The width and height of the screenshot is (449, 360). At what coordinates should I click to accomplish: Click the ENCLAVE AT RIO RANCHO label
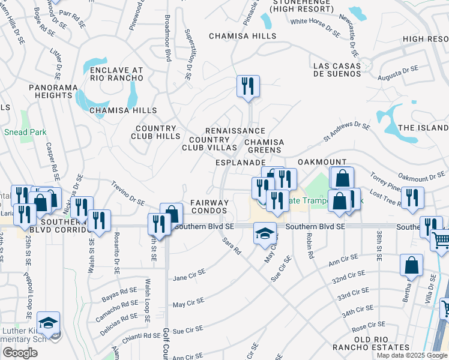click(x=116, y=74)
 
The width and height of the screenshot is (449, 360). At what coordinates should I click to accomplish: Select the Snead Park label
click(x=21, y=132)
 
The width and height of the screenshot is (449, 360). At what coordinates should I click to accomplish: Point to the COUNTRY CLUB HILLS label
click(x=155, y=132)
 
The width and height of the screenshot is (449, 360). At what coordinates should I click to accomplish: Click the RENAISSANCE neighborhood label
click(x=235, y=131)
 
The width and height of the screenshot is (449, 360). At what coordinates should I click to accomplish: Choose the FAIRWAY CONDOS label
click(x=209, y=206)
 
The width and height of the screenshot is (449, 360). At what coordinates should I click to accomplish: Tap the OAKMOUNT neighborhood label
click(x=322, y=162)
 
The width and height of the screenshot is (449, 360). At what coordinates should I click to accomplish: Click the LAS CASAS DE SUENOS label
click(x=337, y=70)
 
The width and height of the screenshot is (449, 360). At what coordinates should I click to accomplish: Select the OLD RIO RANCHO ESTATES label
click(x=373, y=343)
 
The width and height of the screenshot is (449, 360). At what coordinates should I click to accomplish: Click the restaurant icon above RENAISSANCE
click(x=247, y=86)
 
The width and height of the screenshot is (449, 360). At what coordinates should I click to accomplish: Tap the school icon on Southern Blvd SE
click(x=265, y=233)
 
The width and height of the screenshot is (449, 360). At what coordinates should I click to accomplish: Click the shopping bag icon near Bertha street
click(x=411, y=265)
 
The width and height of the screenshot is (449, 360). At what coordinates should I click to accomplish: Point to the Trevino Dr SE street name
click(x=128, y=194)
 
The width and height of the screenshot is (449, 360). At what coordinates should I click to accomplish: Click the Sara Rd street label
click(x=231, y=247)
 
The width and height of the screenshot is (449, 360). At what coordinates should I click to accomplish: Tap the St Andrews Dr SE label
click(x=347, y=131)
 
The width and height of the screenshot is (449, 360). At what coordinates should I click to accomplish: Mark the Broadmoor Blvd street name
click(x=167, y=38)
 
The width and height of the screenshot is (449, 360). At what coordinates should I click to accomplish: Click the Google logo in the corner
click(x=20, y=353)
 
